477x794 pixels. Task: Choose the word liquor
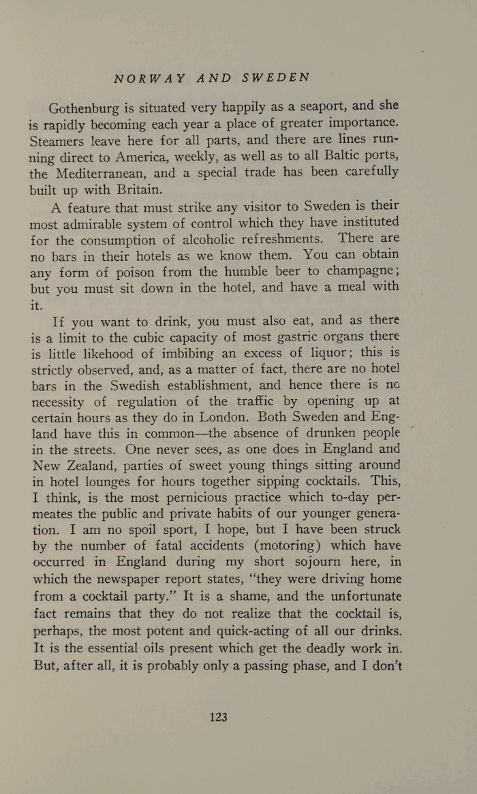coord(303,355)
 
